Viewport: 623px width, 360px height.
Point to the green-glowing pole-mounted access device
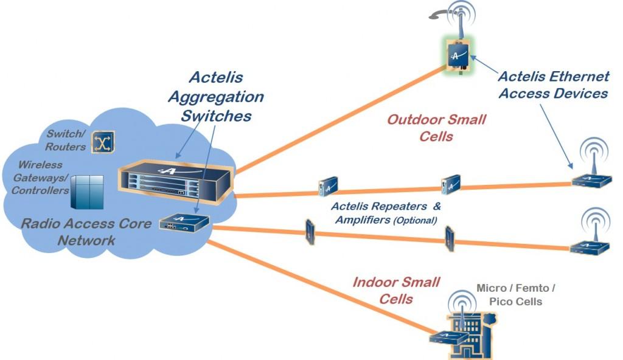(x=458, y=55)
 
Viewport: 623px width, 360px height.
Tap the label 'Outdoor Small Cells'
(x=436, y=128)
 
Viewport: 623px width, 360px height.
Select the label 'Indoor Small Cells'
(x=396, y=290)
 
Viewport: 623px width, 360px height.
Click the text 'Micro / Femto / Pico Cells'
(x=516, y=294)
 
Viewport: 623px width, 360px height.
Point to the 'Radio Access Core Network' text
(x=86, y=232)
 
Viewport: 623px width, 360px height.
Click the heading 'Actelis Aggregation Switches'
(x=216, y=96)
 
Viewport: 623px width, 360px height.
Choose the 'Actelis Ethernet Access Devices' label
(x=553, y=85)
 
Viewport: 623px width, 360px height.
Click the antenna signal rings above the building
(x=461, y=303)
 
